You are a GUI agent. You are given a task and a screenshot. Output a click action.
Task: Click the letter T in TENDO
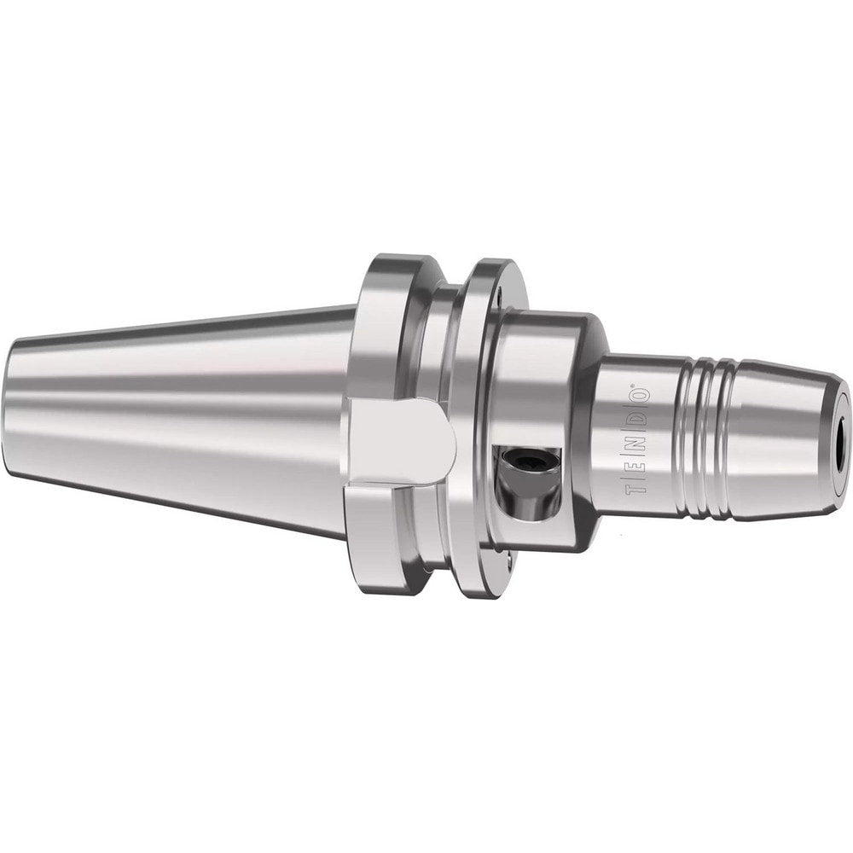coord(632,490)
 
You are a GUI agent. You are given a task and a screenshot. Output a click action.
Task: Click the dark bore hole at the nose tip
coord(843,436)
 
